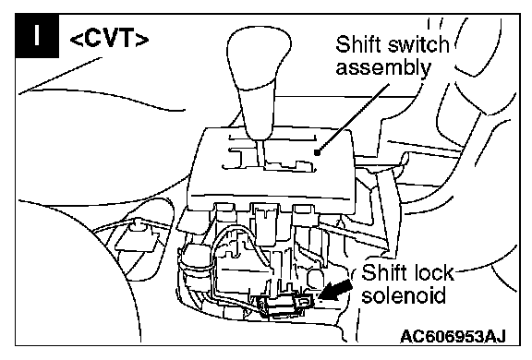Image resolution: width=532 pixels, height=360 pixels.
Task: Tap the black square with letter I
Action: point(37,36)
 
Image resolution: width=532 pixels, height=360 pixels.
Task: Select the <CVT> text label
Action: point(109,40)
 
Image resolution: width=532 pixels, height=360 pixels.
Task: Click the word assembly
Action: point(383,68)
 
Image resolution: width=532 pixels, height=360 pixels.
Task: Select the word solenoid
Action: point(404,294)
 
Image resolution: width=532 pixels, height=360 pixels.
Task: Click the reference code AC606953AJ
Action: point(453,337)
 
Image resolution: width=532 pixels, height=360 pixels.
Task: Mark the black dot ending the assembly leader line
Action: point(317,153)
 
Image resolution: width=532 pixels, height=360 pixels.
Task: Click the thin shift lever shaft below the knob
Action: point(260,152)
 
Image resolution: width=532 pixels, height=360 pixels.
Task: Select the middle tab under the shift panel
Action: point(264,213)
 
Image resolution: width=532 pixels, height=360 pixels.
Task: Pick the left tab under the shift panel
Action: point(224,212)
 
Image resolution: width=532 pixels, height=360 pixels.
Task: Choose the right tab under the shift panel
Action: point(306,213)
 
